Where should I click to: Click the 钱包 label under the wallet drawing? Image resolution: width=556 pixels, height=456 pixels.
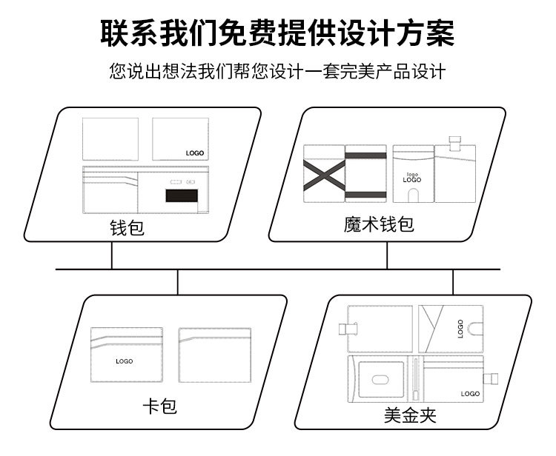coord(127,228)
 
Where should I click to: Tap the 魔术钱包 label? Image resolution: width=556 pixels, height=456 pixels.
coord(379,224)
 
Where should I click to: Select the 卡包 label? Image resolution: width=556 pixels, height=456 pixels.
coord(159,406)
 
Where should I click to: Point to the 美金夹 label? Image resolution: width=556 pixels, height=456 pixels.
coord(410,415)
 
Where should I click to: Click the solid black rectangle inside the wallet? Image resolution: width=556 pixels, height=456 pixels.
coord(182,195)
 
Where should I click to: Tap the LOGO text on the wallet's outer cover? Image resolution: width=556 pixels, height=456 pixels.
coord(195,153)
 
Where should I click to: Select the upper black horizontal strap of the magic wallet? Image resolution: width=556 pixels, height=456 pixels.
coord(366,155)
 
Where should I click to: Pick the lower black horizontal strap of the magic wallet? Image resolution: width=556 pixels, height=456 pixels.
coord(366,195)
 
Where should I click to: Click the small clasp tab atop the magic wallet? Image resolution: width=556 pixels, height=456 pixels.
coord(455,144)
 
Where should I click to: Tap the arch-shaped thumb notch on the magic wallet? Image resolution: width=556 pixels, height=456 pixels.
coord(413,195)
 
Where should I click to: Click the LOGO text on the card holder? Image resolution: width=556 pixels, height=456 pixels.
coord(125,361)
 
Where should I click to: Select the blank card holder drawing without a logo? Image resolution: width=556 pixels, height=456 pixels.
coord(215,355)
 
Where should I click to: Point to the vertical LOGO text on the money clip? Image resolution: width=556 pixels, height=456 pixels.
coord(460,329)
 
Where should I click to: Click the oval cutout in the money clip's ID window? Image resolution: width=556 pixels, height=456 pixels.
coord(380,380)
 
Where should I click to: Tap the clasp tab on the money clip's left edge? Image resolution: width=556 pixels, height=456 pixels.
coord(348,329)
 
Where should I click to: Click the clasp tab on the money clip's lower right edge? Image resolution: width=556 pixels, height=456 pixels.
coord(491,379)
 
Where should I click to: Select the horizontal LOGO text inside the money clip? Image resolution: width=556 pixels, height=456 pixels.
coord(470,394)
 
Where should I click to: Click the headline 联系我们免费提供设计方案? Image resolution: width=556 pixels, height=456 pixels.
coord(277,33)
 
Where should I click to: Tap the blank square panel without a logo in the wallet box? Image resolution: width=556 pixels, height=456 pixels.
coord(110,139)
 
